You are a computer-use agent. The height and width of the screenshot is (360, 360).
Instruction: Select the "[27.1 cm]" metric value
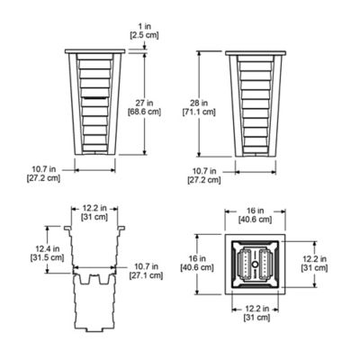tap(139, 276)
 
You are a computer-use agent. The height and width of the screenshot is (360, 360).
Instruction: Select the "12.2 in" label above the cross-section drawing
tap(94, 206)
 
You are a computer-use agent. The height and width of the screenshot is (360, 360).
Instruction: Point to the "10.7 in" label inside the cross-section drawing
tap(139, 266)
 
